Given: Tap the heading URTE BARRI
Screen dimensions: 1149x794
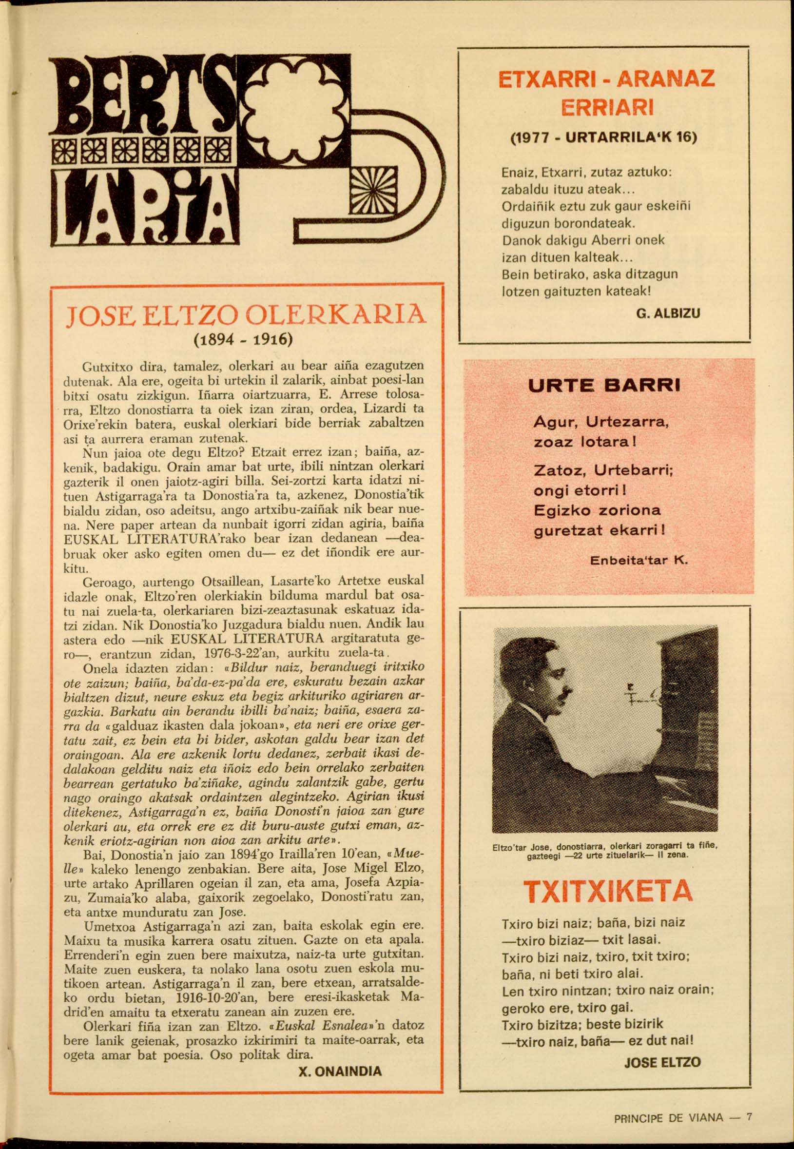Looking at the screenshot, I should click(603, 386).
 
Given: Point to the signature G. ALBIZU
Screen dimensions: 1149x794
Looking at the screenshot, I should click(668, 313).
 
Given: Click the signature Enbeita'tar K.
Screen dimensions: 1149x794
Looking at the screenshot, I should click(639, 560).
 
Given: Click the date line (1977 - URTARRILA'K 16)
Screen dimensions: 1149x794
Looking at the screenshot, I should click(604, 137).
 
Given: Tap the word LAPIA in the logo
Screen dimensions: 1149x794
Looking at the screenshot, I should click(142, 210).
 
